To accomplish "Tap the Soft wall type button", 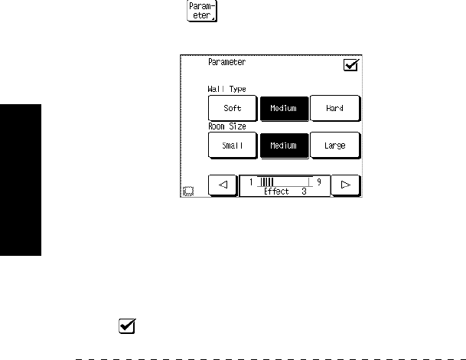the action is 233,108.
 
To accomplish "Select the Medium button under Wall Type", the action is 283,108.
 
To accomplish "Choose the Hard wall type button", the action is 334,108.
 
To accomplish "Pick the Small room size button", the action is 233,145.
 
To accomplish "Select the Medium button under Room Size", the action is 283,145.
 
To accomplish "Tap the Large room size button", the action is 334,145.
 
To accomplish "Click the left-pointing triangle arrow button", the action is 223,185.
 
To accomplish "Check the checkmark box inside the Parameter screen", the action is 351,66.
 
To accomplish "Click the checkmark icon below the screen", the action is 127,326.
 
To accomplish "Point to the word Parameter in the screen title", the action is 226,63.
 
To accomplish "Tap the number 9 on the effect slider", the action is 318,182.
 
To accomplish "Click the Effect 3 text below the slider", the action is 285,191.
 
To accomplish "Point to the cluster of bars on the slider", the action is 267,182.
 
